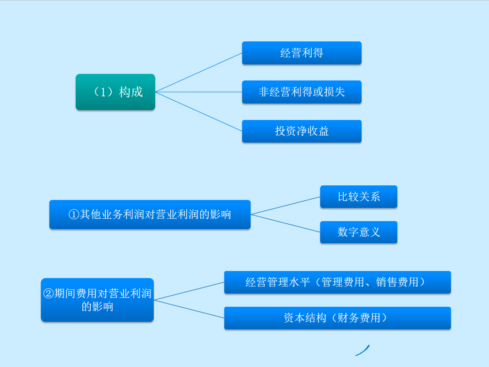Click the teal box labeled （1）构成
(x=115, y=92)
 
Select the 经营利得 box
(x=301, y=53)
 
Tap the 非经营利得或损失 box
(x=301, y=92)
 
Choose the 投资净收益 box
(x=301, y=131)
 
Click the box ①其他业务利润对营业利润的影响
(x=150, y=215)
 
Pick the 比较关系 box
(x=358, y=197)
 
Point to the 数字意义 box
(x=358, y=232)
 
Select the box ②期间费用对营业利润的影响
(x=97, y=300)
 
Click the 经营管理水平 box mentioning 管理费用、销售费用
(x=337, y=282)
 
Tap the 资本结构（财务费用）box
(x=337, y=318)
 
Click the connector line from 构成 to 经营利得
(x=198, y=72)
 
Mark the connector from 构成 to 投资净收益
(x=198, y=112)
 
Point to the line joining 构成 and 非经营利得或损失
(x=198, y=92)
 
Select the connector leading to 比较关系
(x=285, y=206)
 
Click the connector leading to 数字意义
(x=285, y=223)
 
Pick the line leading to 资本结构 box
(x=189, y=309)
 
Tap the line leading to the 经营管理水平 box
(x=189, y=291)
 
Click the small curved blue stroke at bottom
(x=363, y=351)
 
